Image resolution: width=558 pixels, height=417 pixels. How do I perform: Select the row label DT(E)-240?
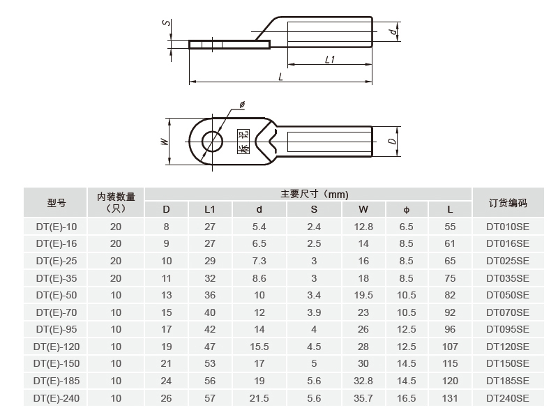pos(56,398)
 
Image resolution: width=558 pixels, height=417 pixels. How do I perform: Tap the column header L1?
pos(210,209)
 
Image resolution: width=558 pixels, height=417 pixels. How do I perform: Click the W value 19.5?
pos(363,296)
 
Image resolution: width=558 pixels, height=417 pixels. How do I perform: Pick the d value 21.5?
pos(259,398)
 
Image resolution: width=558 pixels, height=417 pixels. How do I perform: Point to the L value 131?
pos(450,398)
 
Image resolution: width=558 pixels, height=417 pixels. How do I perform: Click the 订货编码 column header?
pos(507,203)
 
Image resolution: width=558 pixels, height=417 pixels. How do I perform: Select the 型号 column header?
pos(56,203)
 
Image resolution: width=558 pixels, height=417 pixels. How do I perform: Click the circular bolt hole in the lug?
pos(212,142)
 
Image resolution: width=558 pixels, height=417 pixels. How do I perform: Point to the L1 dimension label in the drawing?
pos(330,60)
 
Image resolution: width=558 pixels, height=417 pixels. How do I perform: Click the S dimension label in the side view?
pos(165,23)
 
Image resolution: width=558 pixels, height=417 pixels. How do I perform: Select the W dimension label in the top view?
pos(164,142)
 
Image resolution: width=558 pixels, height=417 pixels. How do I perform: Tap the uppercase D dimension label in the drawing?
pos(393,142)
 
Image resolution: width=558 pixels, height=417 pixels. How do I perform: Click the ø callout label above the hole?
pos(241,105)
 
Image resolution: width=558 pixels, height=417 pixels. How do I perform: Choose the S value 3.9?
pos(314,312)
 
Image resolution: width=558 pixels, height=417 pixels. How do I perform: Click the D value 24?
pos(166,381)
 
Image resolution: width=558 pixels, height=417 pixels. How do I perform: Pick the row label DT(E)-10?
pos(56,227)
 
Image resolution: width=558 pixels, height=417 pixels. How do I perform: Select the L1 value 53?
pos(210,364)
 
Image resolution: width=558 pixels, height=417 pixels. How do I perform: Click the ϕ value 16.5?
pos(407,398)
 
